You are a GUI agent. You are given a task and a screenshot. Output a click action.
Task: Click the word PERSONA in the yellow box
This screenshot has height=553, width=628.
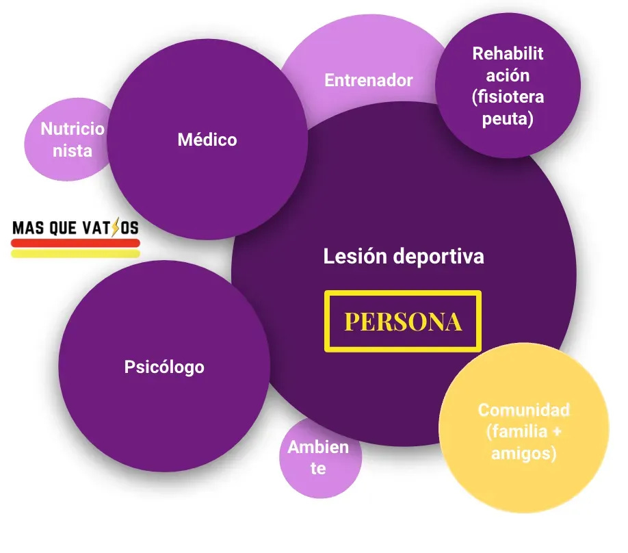402,322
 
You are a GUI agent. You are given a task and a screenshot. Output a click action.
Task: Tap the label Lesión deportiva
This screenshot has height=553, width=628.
404,257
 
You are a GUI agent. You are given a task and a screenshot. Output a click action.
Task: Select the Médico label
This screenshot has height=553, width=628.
207,140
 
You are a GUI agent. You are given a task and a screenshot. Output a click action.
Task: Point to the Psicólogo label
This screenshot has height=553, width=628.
164,367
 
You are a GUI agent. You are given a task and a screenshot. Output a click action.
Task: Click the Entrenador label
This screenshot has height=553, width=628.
369,80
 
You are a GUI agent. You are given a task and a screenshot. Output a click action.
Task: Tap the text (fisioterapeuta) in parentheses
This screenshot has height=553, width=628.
508,107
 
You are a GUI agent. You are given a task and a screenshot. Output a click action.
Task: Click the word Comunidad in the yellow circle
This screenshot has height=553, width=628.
523,410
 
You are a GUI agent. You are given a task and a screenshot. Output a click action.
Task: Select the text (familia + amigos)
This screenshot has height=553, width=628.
523,442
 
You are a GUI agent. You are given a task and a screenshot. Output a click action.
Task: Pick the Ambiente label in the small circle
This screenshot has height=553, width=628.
318,458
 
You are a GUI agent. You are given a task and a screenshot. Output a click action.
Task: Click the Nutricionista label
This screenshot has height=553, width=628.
73,139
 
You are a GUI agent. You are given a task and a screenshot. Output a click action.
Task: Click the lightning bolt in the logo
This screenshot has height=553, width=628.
114,227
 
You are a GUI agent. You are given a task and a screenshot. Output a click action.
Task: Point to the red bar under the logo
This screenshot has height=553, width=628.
75,242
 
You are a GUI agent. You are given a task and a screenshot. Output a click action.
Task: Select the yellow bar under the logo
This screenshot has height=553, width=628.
75,253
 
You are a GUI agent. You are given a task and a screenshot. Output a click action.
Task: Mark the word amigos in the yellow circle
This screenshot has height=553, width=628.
523,453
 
